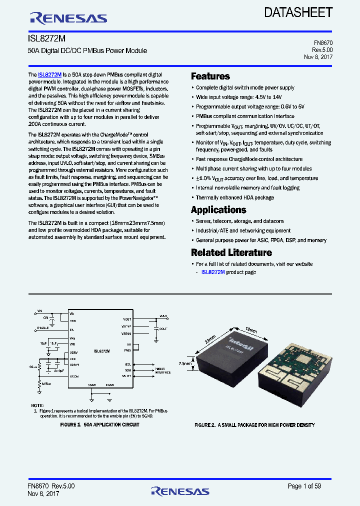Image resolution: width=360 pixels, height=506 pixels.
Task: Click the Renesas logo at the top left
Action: pos(68,18)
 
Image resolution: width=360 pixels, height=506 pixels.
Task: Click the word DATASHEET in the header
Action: pos(298,12)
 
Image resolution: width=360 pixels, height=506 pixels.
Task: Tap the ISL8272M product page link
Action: pos(213,272)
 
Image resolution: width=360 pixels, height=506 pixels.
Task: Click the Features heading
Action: pos(210,76)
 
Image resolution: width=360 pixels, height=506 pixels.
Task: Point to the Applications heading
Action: pos(218,210)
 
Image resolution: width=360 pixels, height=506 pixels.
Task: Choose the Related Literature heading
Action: pos(231,252)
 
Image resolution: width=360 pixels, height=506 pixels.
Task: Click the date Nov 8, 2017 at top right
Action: pos(318,57)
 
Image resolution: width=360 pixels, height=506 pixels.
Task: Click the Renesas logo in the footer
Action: pos(180,491)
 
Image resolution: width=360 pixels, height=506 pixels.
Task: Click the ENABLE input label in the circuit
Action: pos(43,328)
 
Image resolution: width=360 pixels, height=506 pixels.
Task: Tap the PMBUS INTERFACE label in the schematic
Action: pos(162,370)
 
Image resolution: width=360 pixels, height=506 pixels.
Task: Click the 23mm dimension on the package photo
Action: pos(210,339)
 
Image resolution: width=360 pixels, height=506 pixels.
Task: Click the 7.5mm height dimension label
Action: pos(184,364)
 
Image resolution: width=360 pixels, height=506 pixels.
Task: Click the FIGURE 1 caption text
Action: pos(99,424)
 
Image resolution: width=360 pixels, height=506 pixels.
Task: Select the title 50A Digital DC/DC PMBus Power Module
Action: pos(87,51)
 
